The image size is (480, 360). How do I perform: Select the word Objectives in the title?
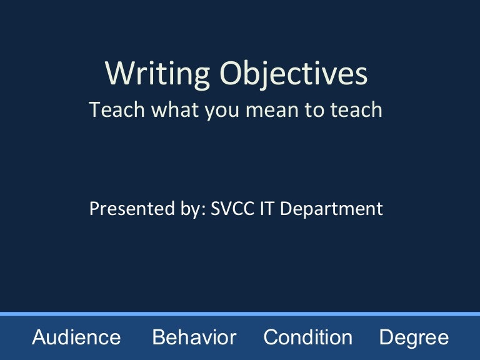coord(293,74)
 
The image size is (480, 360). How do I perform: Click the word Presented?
coord(122,209)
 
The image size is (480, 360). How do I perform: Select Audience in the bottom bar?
coord(76,338)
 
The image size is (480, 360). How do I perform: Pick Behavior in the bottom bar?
coord(194,338)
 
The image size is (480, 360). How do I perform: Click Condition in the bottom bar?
coord(307,338)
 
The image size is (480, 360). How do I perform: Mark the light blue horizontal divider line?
coord(240,314)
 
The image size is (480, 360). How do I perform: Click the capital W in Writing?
coord(116,74)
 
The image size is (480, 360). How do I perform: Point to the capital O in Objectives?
coord(229,74)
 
